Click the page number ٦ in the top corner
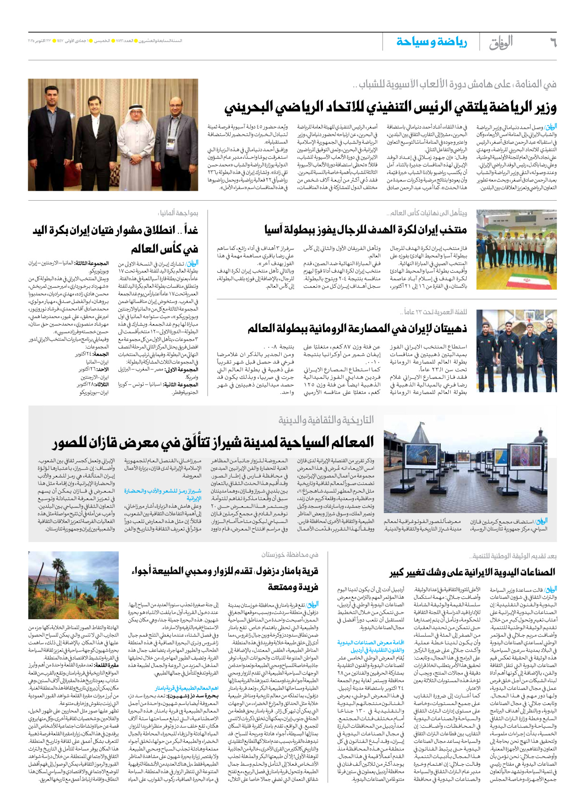553,43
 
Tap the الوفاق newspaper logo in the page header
501,43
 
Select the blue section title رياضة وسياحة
431,42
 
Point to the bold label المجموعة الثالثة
94,264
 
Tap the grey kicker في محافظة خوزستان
290,555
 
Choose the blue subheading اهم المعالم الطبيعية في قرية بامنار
187,688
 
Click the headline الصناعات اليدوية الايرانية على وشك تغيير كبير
472,572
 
